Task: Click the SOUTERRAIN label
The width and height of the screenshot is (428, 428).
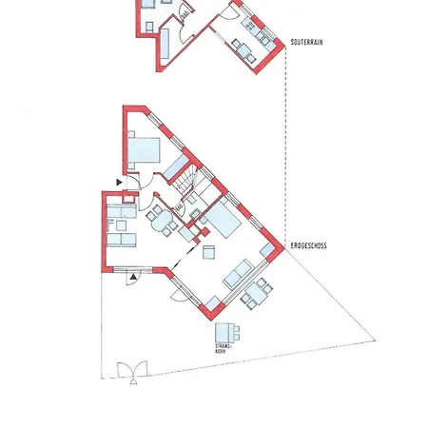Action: [306, 42]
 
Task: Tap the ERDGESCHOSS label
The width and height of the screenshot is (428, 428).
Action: [308, 245]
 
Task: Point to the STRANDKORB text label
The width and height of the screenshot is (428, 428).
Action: [224, 348]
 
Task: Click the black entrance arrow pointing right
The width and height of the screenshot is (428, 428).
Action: [119, 183]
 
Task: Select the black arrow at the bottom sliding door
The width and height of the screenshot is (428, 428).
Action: [133, 277]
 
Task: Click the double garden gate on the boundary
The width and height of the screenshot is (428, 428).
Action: [132, 370]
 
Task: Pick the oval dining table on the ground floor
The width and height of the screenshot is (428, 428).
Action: [163, 221]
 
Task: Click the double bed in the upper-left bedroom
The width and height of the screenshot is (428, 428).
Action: [144, 150]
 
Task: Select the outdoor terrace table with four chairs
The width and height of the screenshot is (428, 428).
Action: [257, 294]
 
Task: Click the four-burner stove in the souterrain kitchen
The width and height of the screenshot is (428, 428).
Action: [250, 25]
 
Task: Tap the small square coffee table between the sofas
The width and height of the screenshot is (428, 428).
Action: [121, 225]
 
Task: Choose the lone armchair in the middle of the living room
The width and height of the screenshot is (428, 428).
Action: [209, 252]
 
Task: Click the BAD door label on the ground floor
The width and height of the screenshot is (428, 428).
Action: [179, 207]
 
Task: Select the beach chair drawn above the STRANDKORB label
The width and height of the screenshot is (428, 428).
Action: [227, 333]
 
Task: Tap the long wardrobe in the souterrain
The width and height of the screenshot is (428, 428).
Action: [165, 44]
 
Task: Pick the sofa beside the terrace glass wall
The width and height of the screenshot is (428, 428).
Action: [239, 274]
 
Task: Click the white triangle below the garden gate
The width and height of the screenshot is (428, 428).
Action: [133, 381]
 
